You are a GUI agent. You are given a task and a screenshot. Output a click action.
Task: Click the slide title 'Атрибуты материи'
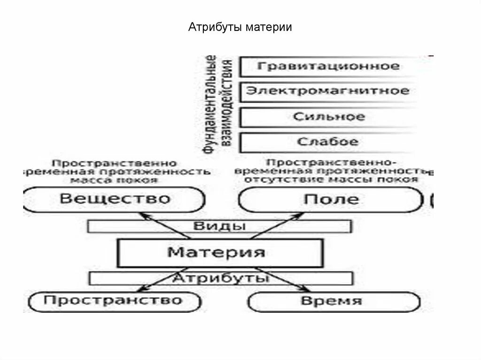point(240,27)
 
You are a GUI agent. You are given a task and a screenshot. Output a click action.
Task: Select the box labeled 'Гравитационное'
point(328,66)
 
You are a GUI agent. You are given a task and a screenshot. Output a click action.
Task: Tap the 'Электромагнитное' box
point(328,91)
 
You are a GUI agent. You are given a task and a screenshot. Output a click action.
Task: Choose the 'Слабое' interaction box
point(328,141)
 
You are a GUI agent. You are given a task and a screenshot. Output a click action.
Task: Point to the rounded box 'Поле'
point(331,199)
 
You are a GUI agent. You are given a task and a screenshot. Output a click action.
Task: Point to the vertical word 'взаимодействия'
point(226,104)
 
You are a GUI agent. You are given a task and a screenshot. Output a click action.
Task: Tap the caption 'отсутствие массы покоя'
point(331,180)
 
